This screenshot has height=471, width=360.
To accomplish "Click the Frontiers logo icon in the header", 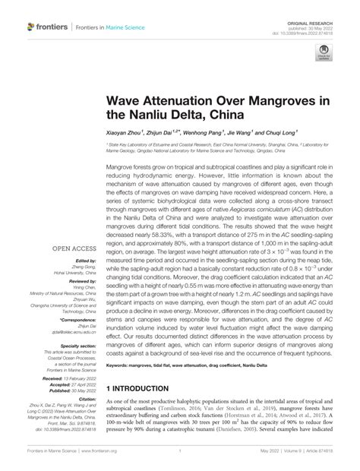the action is click(x=33, y=27).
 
